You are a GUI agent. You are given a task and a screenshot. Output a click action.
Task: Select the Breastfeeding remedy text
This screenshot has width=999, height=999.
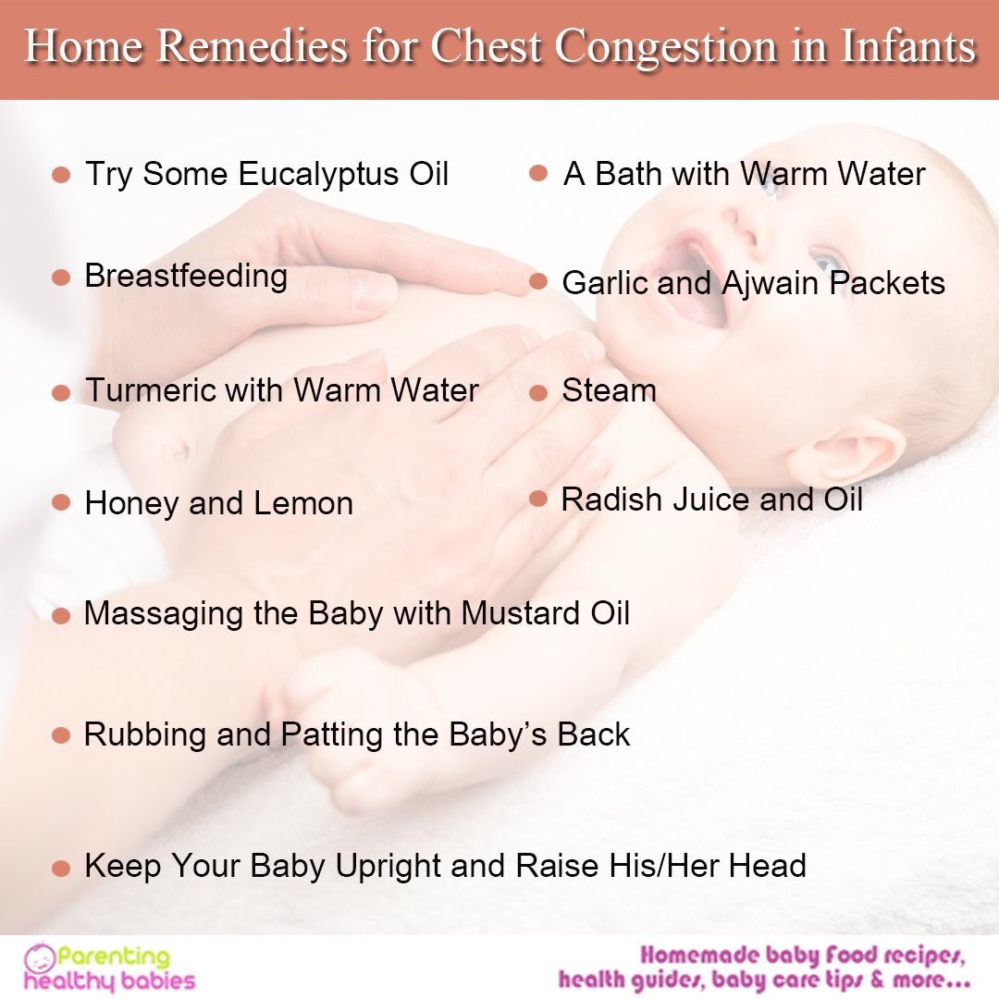[186, 277]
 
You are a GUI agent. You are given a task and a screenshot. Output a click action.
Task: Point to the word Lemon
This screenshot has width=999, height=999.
[303, 503]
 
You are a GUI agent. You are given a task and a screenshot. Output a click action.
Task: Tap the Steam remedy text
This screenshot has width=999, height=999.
[609, 390]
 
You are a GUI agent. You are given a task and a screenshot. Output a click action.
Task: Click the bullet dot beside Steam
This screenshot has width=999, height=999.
[538, 392]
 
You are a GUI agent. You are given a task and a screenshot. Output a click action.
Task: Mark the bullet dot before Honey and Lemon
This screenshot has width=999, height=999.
[61, 502]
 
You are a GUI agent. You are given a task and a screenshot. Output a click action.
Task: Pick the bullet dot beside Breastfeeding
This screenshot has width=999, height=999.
[61, 277]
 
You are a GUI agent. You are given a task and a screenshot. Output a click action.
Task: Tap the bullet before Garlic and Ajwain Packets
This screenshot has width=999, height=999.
[538, 282]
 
